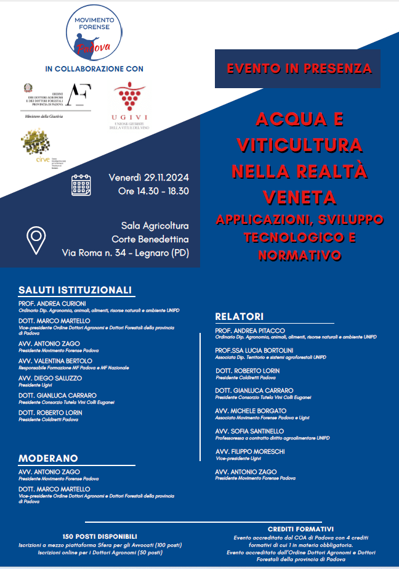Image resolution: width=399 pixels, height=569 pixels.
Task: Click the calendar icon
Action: [x=81, y=185]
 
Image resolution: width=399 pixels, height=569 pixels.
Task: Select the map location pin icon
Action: [x=37, y=240]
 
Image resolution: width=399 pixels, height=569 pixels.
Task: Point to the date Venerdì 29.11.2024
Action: [x=148, y=178]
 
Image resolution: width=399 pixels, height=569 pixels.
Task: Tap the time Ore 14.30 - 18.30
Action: [x=153, y=191]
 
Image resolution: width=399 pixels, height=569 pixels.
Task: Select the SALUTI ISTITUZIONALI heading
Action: [x=75, y=290]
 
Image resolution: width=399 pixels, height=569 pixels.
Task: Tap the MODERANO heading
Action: [x=48, y=458]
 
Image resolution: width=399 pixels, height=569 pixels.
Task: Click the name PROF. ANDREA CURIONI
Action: [x=52, y=304]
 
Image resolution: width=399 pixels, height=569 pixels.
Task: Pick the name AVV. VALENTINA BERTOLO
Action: [x=55, y=361]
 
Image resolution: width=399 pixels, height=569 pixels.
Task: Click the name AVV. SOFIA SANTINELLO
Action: [x=249, y=431]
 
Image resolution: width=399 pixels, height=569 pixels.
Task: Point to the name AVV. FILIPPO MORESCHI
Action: [x=250, y=451]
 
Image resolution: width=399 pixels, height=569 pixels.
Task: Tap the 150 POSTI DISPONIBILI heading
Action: [x=100, y=536]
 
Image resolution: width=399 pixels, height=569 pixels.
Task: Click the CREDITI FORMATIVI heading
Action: [x=300, y=529]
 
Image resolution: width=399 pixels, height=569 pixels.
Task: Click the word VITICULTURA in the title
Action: [x=300, y=144]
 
